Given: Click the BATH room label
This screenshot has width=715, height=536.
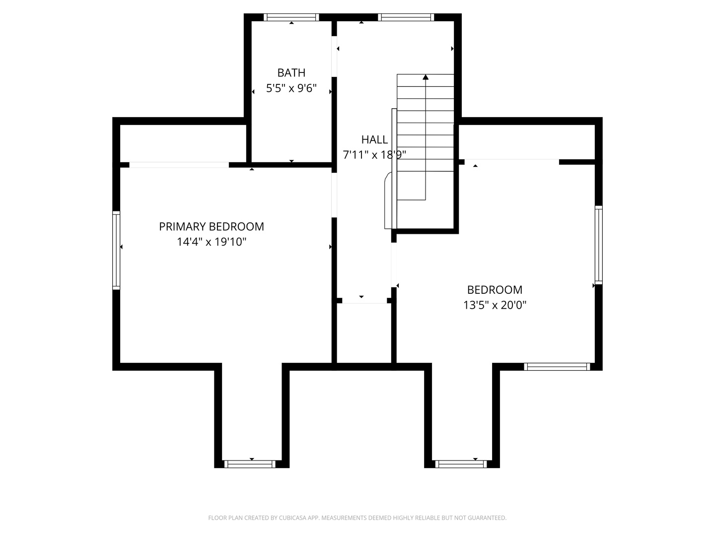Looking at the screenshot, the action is pyautogui.click(x=291, y=73).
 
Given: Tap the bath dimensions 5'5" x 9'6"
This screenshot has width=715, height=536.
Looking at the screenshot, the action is pyautogui.click(x=291, y=88).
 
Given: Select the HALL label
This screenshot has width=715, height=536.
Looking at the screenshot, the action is pyautogui.click(x=374, y=139).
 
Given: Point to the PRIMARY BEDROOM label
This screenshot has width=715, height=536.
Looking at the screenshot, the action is pyautogui.click(x=212, y=226).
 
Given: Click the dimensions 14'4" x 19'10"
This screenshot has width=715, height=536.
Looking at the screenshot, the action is pyautogui.click(x=212, y=242).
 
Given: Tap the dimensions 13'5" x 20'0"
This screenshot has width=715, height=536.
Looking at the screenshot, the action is pyautogui.click(x=495, y=305).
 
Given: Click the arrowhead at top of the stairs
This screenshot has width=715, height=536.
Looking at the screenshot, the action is pyautogui.click(x=426, y=77).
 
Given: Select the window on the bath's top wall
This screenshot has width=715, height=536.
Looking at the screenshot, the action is pyautogui.click(x=291, y=17).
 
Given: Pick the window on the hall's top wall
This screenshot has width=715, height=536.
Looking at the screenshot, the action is pyautogui.click(x=406, y=17).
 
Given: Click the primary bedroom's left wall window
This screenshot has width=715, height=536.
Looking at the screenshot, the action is pyautogui.click(x=116, y=250).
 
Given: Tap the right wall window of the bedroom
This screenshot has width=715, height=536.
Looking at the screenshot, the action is pyautogui.click(x=599, y=245).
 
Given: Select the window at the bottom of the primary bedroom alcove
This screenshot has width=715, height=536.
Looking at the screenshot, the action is pyautogui.click(x=250, y=464).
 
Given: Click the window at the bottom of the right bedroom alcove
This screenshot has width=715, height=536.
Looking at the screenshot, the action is pyautogui.click(x=461, y=464).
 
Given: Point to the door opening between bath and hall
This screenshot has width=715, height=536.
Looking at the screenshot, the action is pyautogui.click(x=334, y=56).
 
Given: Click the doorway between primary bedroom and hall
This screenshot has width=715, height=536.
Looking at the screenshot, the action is pyautogui.click(x=334, y=195).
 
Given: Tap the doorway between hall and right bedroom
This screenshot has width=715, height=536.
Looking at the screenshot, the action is pyautogui.click(x=394, y=265).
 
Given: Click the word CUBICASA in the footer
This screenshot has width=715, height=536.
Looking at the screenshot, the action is pyautogui.click(x=292, y=518).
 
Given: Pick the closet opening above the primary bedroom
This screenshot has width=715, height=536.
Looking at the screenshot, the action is pyautogui.click(x=179, y=165).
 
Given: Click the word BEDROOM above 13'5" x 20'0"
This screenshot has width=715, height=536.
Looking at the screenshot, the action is pyautogui.click(x=495, y=290).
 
